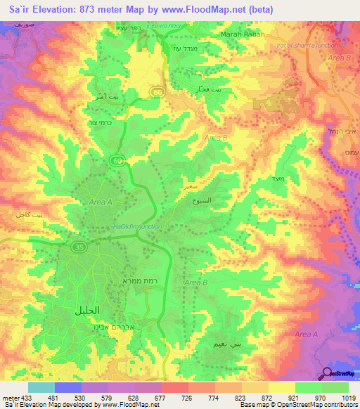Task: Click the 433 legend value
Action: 27,397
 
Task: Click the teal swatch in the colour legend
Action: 40,387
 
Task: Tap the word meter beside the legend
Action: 10,397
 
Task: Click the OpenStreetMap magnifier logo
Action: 328,373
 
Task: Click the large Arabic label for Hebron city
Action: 86,310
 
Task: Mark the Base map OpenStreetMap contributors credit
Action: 297,405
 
